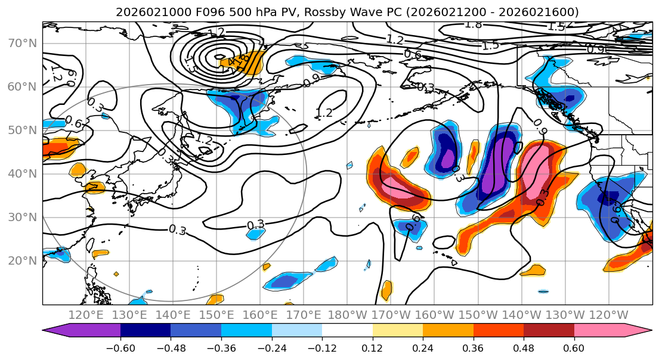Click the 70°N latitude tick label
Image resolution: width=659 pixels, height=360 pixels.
[x=22, y=43]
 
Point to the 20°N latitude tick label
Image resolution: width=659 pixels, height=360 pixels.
[x=22, y=260]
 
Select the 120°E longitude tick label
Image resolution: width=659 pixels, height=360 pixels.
[x=86, y=315]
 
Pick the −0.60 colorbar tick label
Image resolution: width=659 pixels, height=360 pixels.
[x=120, y=347]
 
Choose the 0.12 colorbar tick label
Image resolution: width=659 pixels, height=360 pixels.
[x=373, y=347]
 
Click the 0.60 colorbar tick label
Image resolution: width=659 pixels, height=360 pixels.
[x=574, y=347]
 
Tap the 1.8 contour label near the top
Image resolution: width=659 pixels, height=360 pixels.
[x=473, y=24]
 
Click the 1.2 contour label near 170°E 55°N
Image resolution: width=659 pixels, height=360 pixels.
[x=323, y=113]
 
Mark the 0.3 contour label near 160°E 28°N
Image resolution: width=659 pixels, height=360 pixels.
[x=256, y=225]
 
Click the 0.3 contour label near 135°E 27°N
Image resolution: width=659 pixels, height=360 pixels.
[x=177, y=230]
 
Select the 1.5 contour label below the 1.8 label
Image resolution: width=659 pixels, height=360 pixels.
[x=490, y=45]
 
